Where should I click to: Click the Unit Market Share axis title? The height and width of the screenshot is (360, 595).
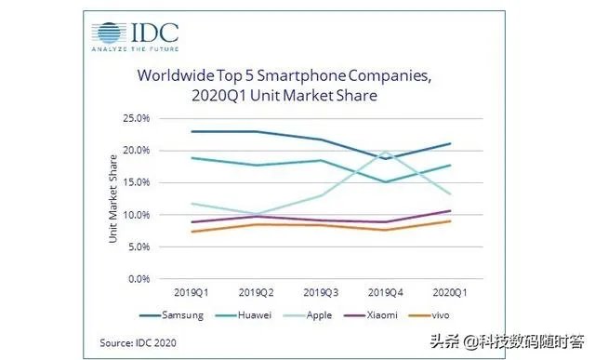112,197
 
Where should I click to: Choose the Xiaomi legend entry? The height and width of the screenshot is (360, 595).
381,315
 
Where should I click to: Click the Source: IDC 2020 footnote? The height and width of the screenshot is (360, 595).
139,342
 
